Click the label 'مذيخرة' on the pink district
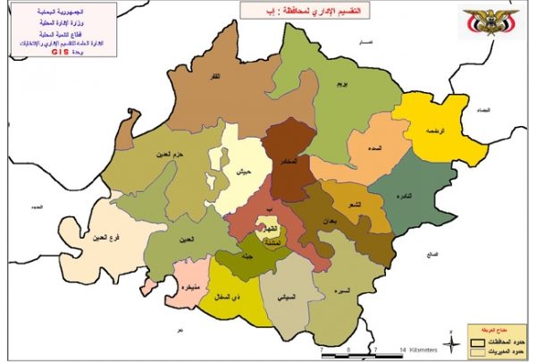click(x=189, y=289)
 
